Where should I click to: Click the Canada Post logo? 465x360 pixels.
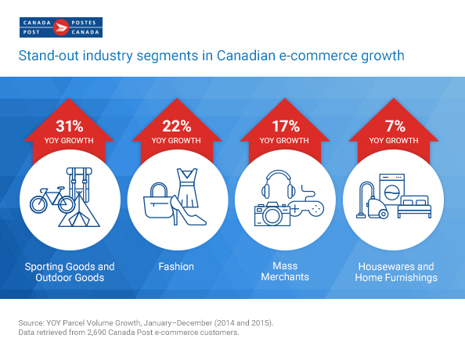(x=61, y=27)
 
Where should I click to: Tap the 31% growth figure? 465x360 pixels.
(x=70, y=126)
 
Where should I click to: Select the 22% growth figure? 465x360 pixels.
(x=176, y=126)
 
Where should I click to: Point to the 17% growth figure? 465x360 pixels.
(x=286, y=126)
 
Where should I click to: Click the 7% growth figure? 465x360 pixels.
(x=395, y=126)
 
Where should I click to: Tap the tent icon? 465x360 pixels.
(x=79, y=210)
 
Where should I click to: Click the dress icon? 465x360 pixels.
(x=187, y=187)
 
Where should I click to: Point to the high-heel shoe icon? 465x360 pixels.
(x=187, y=211)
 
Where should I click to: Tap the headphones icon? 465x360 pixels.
(x=279, y=184)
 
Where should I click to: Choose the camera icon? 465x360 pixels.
(x=272, y=214)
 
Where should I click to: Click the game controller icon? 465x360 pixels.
(x=307, y=203)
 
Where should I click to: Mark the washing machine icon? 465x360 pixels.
(x=392, y=189)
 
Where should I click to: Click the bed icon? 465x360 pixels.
(x=414, y=207)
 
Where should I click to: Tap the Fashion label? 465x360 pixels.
(x=176, y=267)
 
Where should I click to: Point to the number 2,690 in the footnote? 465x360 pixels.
(x=96, y=333)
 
